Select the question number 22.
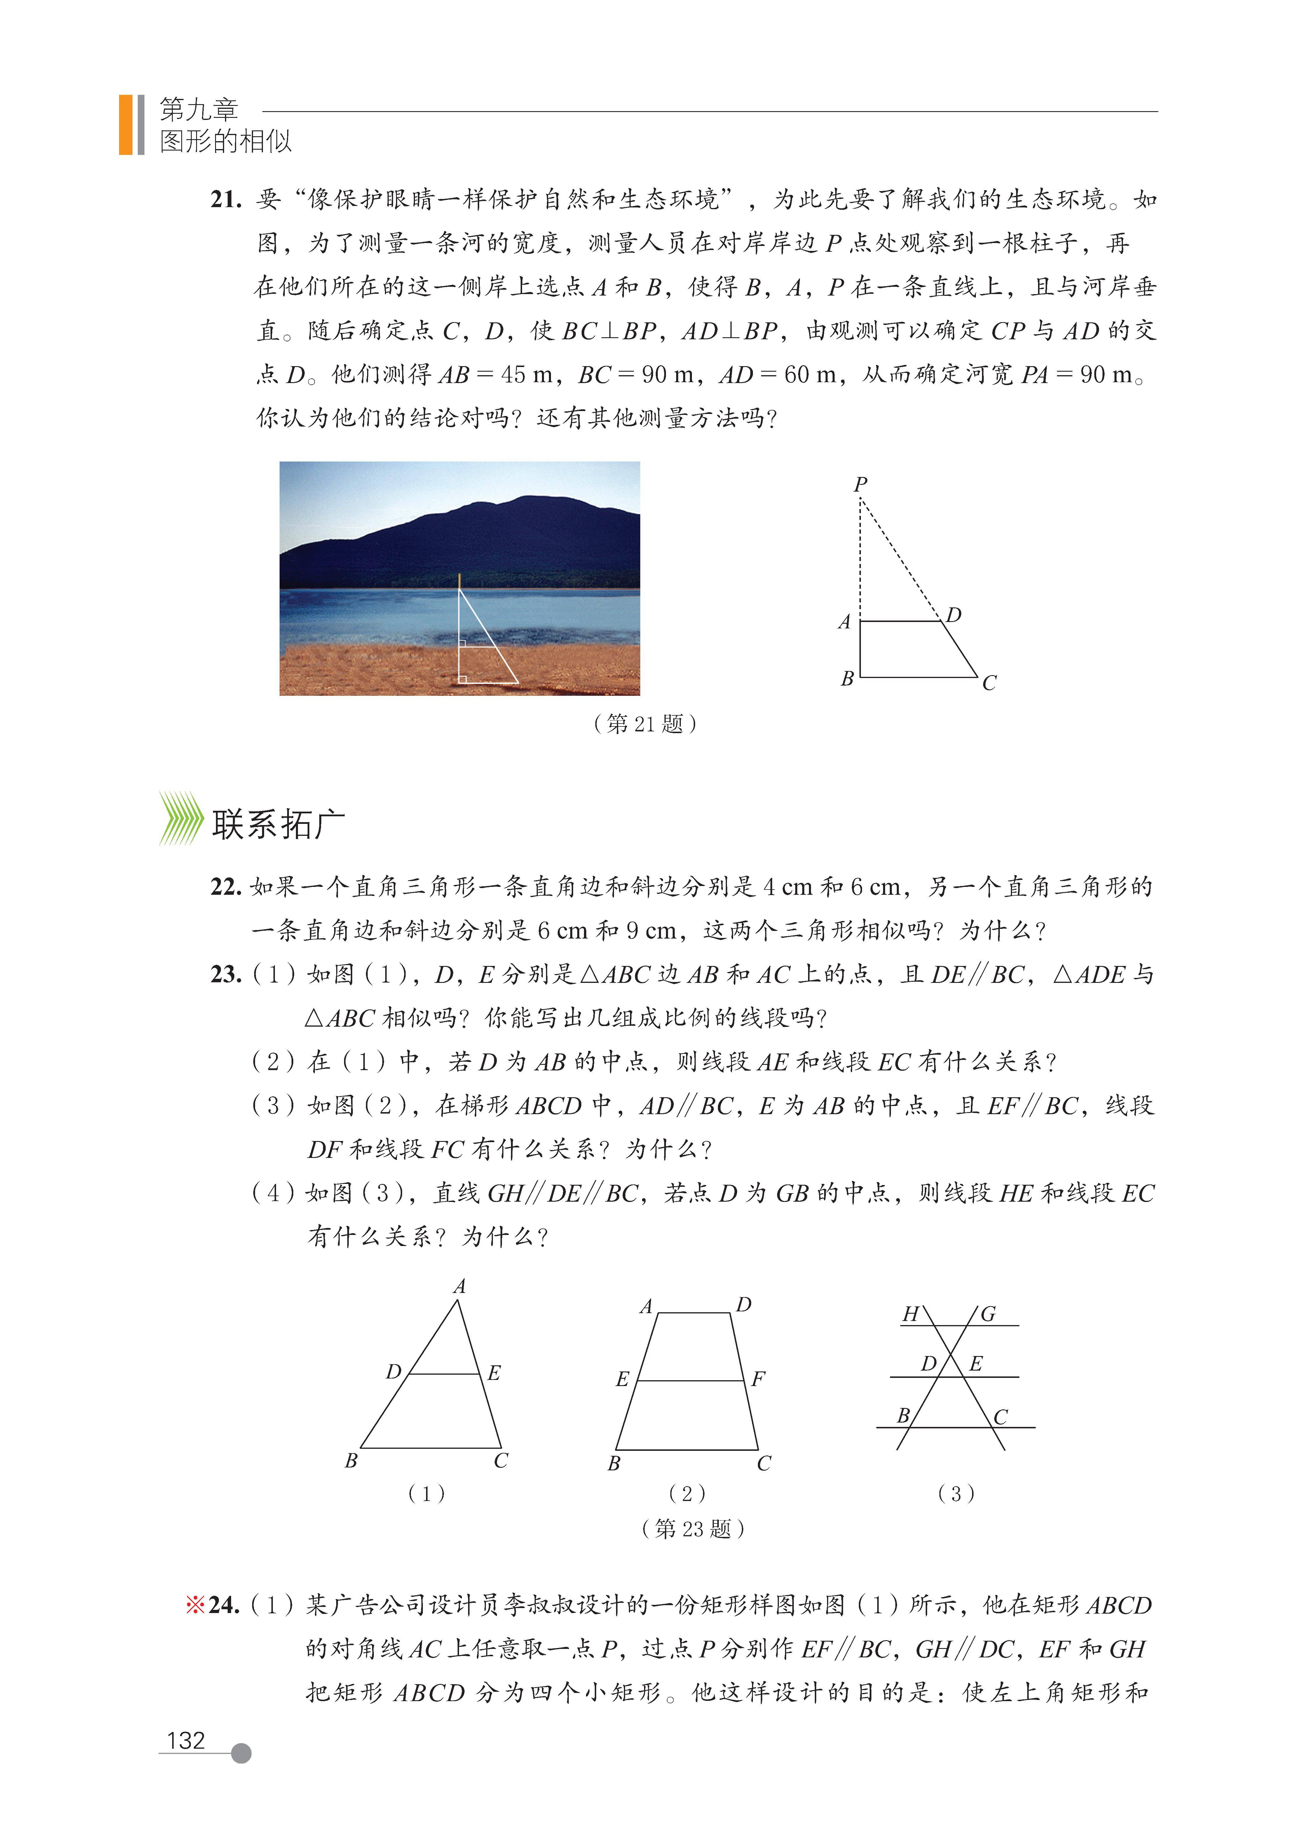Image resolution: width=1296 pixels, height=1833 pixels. coord(226,887)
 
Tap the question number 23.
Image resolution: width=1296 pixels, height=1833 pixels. coord(226,975)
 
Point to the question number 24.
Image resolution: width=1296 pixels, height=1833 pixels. coord(224,1605)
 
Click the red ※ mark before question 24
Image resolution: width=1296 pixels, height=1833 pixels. coord(196,1605)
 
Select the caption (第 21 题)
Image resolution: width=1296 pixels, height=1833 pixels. coord(645,724)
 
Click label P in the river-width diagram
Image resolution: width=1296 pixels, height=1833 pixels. coord(860,484)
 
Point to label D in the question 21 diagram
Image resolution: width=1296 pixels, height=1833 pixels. coord(953,615)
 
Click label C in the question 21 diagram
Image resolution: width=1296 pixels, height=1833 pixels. coord(989,683)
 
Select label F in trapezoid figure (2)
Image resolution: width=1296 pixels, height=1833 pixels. coord(758,1379)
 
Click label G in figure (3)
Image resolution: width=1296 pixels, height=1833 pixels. coord(988,1314)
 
